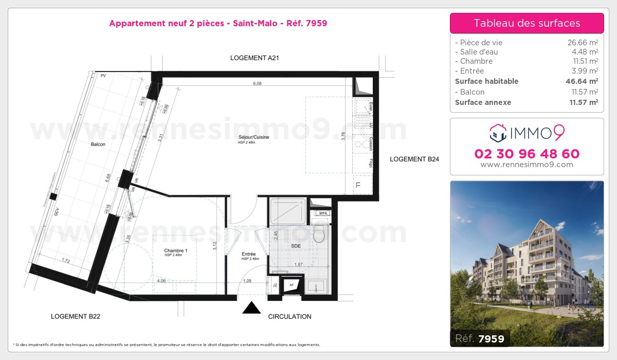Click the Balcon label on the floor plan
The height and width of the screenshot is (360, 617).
[98, 145]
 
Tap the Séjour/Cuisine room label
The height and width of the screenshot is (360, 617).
[254, 137]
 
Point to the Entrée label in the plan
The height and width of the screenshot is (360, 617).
[249, 254]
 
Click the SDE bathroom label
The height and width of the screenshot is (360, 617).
[296, 246]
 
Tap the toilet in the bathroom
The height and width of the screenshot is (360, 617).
[319, 234]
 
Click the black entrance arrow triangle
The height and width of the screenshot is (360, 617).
[251, 308]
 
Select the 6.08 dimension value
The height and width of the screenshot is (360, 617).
[257, 83]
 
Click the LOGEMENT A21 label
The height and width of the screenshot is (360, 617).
[255, 58]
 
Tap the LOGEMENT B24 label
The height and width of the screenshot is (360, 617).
[414, 159]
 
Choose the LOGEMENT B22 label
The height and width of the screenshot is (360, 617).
[76, 317]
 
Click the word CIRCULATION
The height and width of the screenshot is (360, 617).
[289, 317]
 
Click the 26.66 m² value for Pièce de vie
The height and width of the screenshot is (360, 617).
[583, 43]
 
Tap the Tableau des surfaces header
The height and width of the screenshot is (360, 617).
[527, 23]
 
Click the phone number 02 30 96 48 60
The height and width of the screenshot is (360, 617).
[527, 154]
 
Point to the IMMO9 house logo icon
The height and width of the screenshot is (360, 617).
[498, 133]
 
